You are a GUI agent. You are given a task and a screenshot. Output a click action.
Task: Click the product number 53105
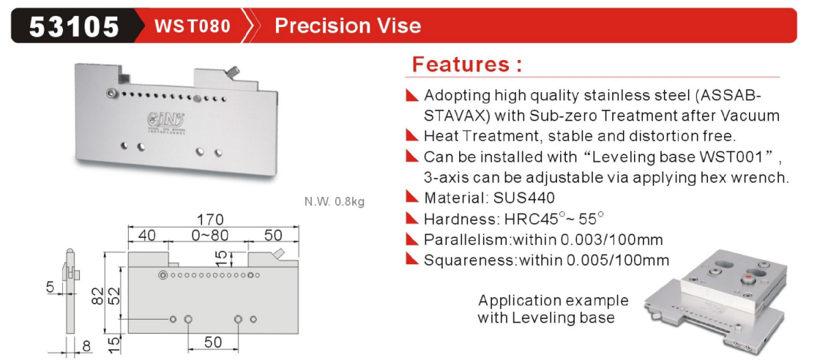[73, 26]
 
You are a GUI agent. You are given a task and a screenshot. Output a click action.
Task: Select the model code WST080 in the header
[192, 26]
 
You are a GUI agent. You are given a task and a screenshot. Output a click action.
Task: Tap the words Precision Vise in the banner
[348, 26]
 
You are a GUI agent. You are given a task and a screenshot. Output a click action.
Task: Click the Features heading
[466, 64]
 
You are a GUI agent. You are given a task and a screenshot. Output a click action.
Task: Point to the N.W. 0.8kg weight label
[335, 202]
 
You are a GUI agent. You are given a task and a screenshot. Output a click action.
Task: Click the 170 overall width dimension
[209, 220]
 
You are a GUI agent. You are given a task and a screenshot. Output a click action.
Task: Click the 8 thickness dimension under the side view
[86, 346]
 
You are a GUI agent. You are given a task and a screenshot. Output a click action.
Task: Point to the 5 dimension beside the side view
[51, 288]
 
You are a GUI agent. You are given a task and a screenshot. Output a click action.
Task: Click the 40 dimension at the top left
[146, 235]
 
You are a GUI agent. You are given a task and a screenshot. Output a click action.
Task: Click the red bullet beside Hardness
[411, 218]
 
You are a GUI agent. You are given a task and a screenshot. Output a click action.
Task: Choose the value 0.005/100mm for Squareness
[618, 260]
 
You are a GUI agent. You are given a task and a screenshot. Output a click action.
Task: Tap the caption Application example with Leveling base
[553, 309]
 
